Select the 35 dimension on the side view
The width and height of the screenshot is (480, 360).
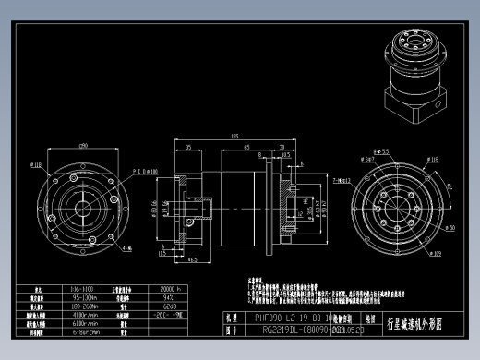coord(188,146)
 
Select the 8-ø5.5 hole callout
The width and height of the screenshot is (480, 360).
coord(379,150)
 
